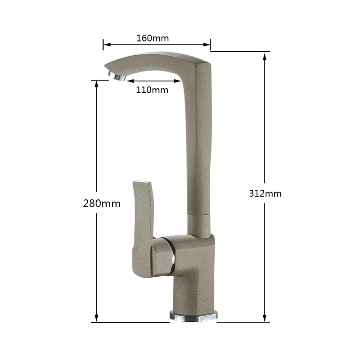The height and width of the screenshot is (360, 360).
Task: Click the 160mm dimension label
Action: tap(153, 38)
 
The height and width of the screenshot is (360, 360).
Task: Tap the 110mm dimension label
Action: tap(152, 90)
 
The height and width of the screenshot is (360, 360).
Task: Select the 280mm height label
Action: tap(102, 204)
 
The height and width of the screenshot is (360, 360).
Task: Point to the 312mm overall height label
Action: tap(265, 193)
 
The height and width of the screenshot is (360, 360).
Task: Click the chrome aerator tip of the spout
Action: tap(117, 76)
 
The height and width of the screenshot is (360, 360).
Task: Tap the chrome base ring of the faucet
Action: tap(193, 316)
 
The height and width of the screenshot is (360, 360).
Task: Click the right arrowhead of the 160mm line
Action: tap(207, 45)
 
